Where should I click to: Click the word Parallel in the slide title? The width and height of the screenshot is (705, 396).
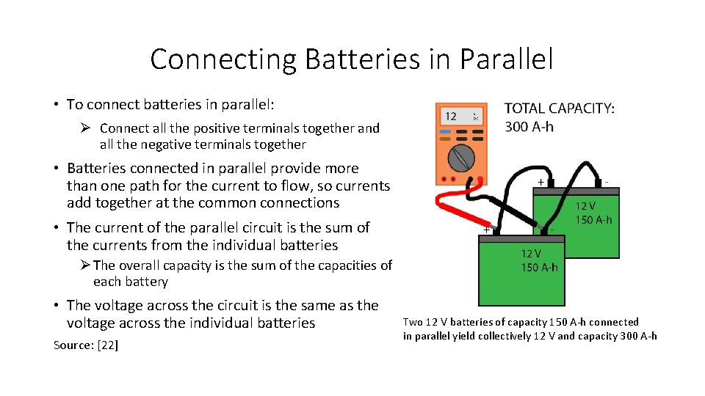[507, 59]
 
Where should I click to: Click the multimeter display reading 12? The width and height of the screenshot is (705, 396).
[451, 116]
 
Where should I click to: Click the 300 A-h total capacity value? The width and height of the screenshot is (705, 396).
[529, 127]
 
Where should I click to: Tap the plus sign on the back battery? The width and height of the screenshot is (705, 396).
[541, 181]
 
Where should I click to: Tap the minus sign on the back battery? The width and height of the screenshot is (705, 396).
[607, 180]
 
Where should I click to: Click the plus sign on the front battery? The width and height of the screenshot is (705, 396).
[485, 230]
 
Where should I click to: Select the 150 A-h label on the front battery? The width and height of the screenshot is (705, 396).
[539, 267]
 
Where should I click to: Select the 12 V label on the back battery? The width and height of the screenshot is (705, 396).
[585, 207]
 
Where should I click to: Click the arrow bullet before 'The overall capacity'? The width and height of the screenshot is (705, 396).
[85, 265]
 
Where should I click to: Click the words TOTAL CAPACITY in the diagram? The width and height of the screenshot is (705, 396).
[560, 109]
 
